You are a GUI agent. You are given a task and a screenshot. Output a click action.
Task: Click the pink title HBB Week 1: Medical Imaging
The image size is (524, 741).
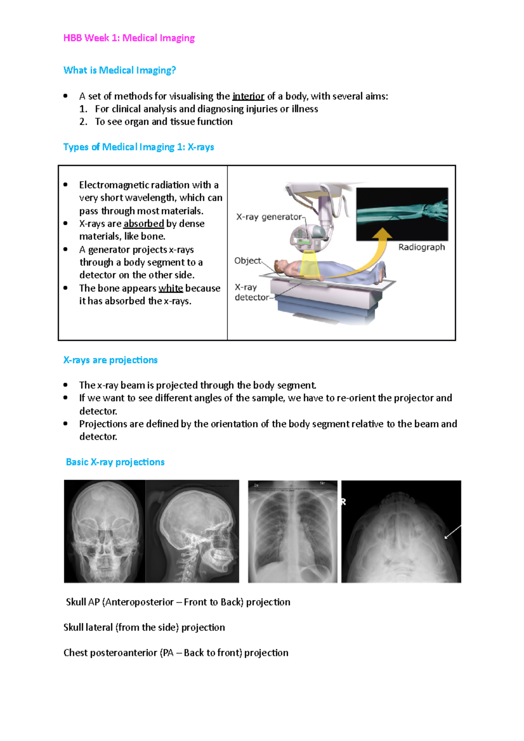[129, 38]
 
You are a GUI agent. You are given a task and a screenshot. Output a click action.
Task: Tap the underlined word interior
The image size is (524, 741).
[248, 96]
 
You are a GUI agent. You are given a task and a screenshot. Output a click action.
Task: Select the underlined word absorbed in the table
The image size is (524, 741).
[144, 223]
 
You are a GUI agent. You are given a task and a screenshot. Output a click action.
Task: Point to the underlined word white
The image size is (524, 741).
[171, 288]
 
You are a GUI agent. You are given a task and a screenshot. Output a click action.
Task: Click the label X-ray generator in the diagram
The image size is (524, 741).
[269, 217]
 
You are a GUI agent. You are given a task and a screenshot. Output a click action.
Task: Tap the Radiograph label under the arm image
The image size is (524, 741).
[421, 247]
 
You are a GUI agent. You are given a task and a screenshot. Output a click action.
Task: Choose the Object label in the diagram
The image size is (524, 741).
[247, 261]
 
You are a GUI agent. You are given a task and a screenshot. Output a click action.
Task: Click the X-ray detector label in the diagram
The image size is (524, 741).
[252, 292]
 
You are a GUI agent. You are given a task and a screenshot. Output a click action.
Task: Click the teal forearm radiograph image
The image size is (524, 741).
[402, 214]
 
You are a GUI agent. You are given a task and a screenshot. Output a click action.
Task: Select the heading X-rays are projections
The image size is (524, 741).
[110, 360]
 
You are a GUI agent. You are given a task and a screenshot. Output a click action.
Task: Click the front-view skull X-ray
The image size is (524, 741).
[104, 531]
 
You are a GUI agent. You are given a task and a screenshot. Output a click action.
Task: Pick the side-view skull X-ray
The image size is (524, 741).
[192, 531]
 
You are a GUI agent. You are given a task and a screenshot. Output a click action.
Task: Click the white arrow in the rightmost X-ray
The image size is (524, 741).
[452, 532]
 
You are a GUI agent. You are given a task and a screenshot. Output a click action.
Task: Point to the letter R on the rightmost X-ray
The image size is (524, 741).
[344, 502]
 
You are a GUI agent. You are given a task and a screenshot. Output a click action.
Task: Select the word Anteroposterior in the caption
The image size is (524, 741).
[139, 602]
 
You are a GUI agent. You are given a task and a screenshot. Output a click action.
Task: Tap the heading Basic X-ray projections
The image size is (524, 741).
[115, 462]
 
